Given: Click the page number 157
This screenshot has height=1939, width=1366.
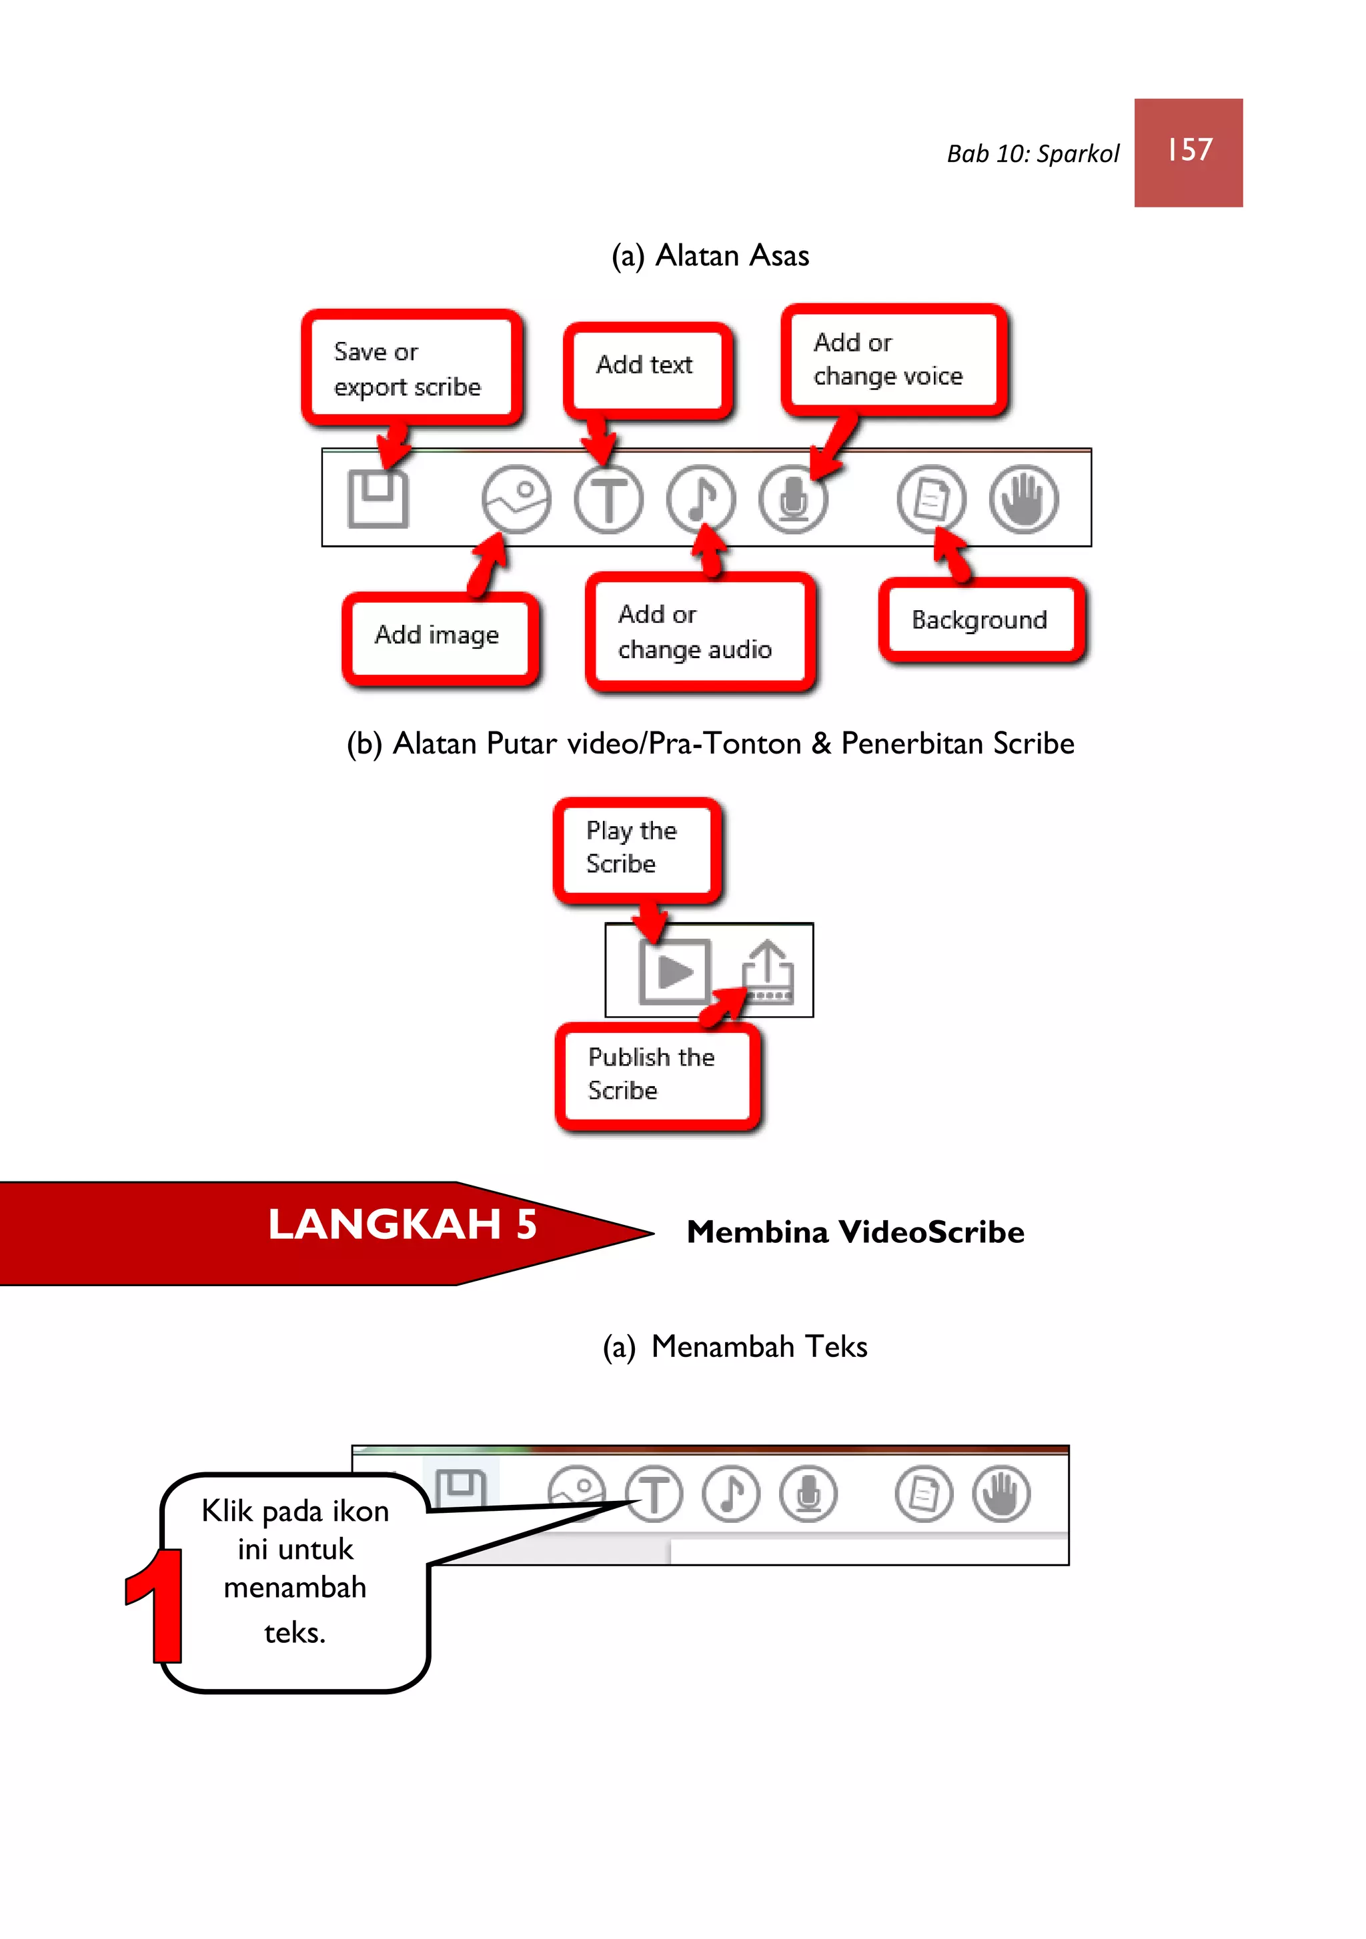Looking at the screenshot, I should (x=1189, y=150).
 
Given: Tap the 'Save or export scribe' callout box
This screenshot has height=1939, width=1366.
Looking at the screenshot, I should (x=412, y=368).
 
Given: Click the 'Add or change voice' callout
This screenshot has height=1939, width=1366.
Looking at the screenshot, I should (x=893, y=360).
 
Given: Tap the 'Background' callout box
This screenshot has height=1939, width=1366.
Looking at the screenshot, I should (x=980, y=621).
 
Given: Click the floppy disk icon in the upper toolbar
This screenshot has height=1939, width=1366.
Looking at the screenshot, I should (x=378, y=499).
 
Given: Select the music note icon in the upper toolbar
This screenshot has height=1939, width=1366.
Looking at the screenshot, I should (x=700, y=499).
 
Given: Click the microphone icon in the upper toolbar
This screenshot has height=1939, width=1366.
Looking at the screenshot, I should (x=792, y=500).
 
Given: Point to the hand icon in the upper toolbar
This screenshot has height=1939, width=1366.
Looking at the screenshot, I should (x=1023, y=499).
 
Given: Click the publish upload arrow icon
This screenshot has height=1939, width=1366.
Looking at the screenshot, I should (x=768, y=972).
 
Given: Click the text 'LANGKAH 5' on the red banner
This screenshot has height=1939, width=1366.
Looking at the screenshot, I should (x=402, y=1224).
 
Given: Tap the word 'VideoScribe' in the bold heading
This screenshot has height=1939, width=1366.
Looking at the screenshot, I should (x=931, y=1233).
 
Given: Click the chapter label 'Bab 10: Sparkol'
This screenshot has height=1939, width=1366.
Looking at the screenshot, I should (x=1033, y=154).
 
